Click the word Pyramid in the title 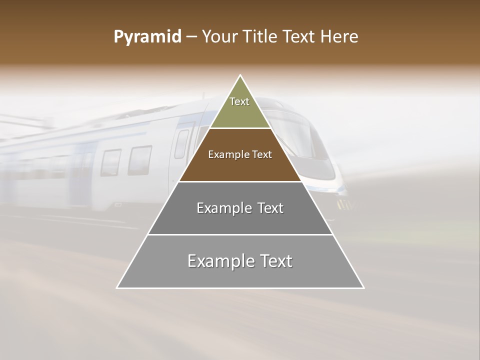point(147,37)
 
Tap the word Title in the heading point(263,37)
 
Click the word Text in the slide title point(301,37)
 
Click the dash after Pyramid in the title point(191,37)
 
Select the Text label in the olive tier point(239,101)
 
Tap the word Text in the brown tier point(262,154)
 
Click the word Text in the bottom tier point(275,261)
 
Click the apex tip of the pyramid point(240,75)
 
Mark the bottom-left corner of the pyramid point(117,288)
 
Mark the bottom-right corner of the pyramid point(363,288)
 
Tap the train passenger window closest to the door point(140,160)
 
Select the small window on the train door point(181,143)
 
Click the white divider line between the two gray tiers point(240,234)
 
